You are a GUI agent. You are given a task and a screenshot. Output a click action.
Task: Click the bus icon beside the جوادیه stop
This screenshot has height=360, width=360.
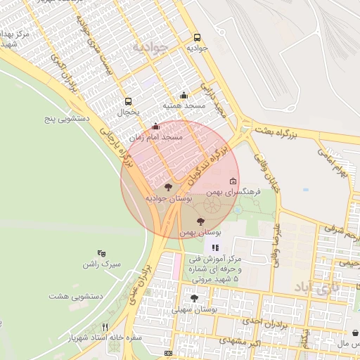196,38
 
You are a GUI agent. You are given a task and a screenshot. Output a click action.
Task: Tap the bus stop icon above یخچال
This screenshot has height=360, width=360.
128,101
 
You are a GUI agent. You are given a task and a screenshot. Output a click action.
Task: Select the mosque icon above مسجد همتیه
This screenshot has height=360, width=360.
184,96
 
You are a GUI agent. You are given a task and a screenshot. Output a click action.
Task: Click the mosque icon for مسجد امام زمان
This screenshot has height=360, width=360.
155,127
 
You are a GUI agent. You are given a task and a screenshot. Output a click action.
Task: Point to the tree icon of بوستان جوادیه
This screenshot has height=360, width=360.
167,187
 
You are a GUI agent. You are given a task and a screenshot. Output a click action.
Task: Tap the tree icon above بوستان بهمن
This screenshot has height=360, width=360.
201,221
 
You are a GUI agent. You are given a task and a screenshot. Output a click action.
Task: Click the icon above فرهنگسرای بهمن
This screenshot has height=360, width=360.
233,181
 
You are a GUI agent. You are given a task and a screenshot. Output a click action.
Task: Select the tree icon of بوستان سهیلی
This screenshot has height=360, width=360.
195,299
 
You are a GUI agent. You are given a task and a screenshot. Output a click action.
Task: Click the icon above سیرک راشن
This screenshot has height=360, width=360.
102,253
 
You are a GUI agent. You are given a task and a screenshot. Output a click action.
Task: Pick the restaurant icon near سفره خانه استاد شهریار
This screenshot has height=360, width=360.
105,327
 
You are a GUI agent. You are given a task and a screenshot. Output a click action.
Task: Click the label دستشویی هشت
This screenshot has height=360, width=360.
76,296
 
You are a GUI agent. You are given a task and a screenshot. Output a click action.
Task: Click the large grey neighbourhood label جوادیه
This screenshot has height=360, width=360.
150,48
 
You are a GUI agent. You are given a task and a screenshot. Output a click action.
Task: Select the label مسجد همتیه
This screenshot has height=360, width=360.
184,105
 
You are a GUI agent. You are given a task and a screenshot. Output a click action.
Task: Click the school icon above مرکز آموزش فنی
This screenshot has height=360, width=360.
215,247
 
